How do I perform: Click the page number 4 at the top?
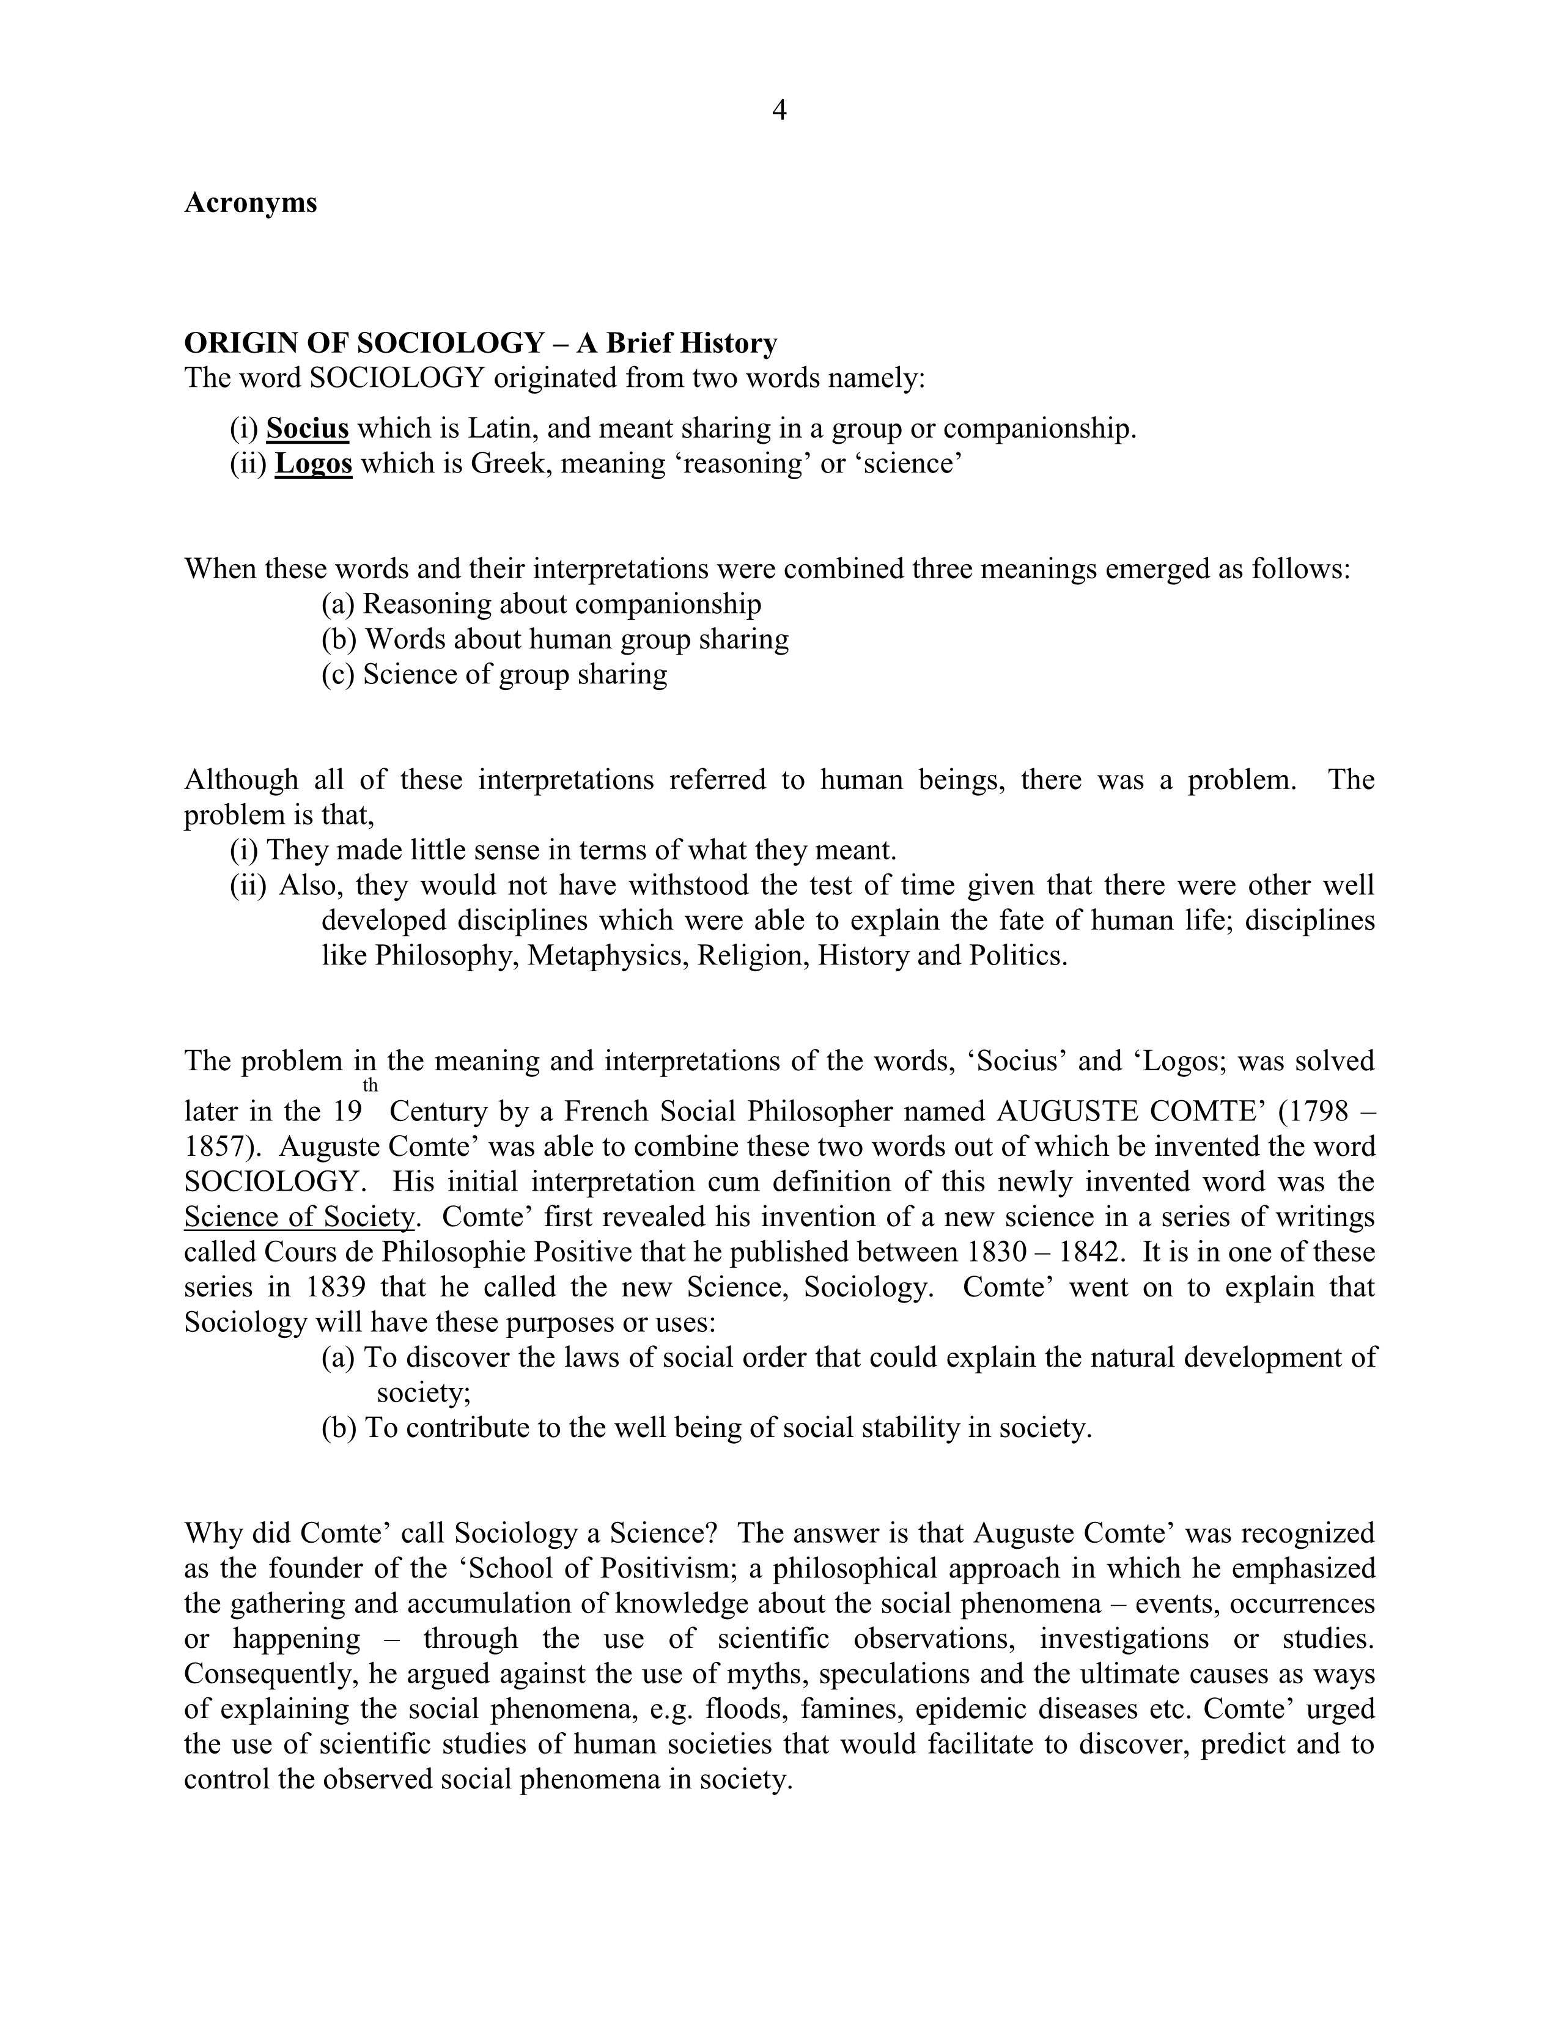(x=778, y=111)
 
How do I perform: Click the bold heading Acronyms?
(x=250, y=202)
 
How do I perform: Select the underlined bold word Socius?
(x=308, y=428)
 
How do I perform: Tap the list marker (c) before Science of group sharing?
(x=338, y=674)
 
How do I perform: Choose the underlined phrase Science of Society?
(x=299, y=1217)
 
